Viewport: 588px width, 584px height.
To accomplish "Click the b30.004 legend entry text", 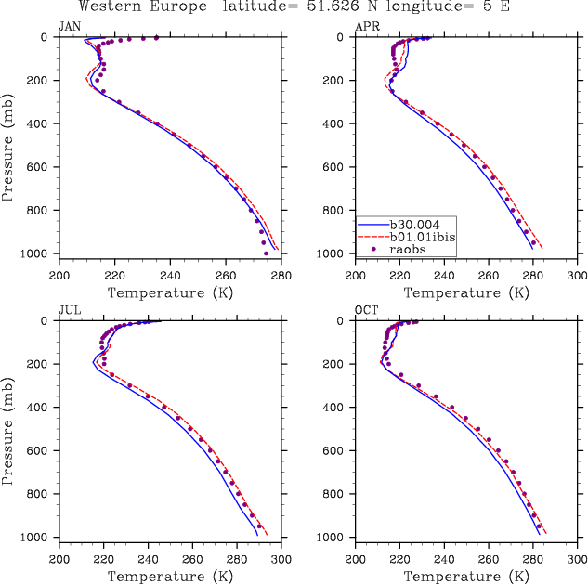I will [415, 225].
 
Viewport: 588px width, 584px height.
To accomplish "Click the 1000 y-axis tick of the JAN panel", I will [41, 254].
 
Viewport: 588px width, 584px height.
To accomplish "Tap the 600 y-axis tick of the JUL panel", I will [44, 451].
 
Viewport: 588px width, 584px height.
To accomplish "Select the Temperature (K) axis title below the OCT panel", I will [466, 576].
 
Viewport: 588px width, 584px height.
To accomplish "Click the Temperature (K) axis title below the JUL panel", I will [170, 576].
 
